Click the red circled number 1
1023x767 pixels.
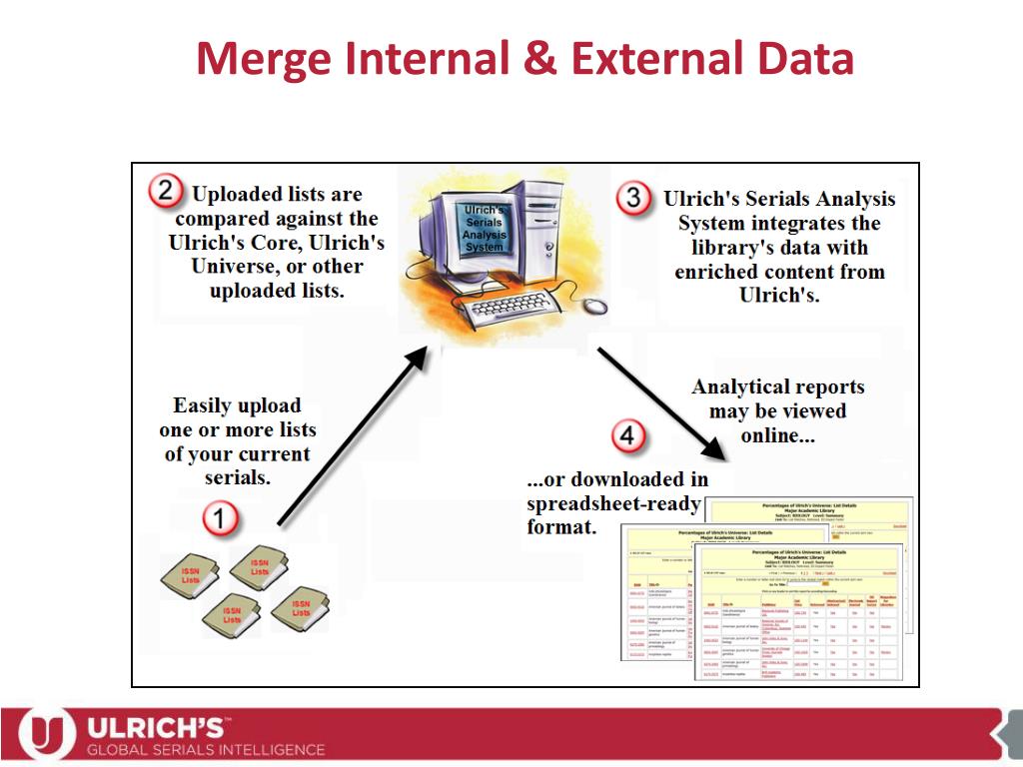[x=222, y=518]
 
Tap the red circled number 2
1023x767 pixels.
[x=166, y=192]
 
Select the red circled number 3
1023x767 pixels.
[x=634, y=198]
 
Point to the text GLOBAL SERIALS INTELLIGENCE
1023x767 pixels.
[x=206, y=749]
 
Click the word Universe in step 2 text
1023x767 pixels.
[x=232, y=267]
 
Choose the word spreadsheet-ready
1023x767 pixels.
[x=613, y=503]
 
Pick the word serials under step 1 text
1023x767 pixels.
[x=238, y=477]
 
